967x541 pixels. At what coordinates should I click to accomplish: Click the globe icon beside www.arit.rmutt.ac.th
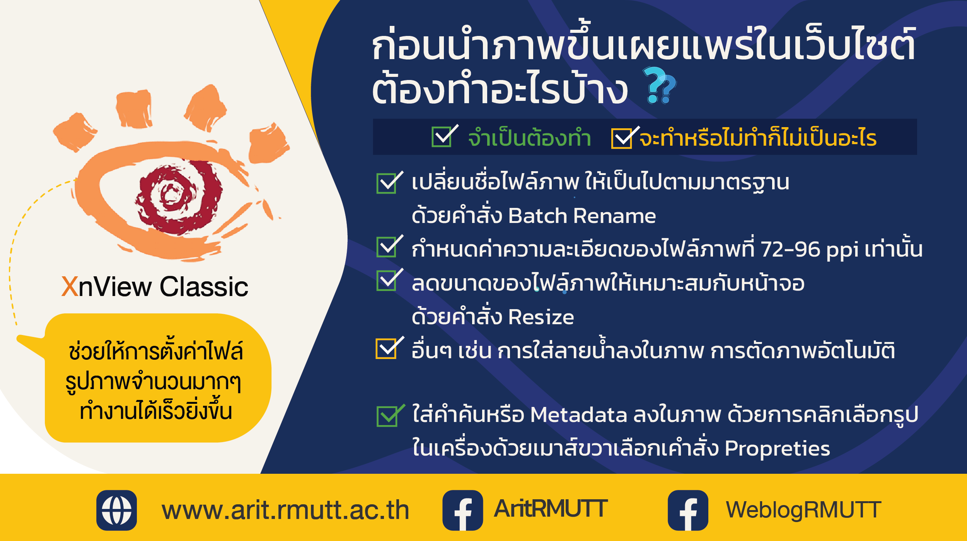[116, 510]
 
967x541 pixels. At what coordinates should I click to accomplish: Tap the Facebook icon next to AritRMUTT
[462, 510]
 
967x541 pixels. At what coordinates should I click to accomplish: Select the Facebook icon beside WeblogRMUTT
[688, 510]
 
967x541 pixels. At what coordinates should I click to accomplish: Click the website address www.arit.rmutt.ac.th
[285, 510]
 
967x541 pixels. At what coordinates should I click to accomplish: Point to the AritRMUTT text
[551, 509]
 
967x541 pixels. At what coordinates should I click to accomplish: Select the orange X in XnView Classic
[70, 286]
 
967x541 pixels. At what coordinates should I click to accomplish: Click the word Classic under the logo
[204, 286]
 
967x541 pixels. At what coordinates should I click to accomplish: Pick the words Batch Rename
[582, 216]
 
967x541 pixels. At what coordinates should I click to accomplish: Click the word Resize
[541, 317]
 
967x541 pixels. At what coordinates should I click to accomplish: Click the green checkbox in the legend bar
[443, 136]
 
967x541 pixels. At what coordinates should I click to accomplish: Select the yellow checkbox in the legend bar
[624, 138]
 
